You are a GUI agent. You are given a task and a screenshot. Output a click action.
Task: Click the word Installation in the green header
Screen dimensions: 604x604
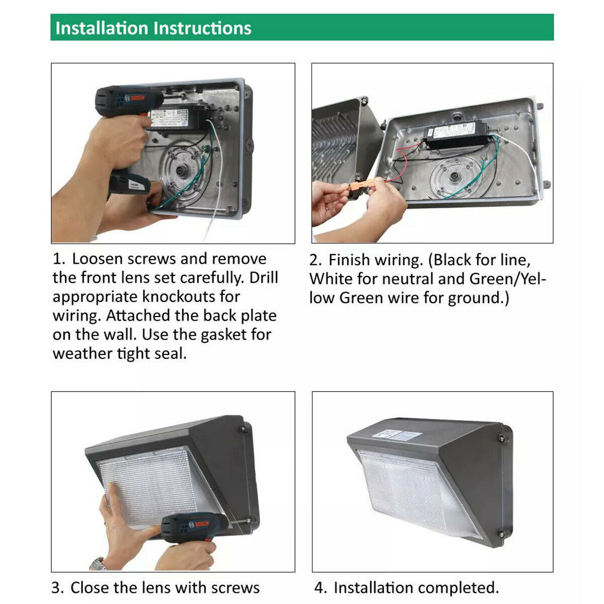tap(102, 28)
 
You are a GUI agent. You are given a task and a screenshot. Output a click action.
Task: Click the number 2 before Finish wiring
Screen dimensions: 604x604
tap(315, 260)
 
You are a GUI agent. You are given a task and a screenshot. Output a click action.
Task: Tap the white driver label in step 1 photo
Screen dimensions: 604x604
tap(170, 118)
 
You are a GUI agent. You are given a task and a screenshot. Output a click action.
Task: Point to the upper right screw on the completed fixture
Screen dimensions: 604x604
tap(502, 438)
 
